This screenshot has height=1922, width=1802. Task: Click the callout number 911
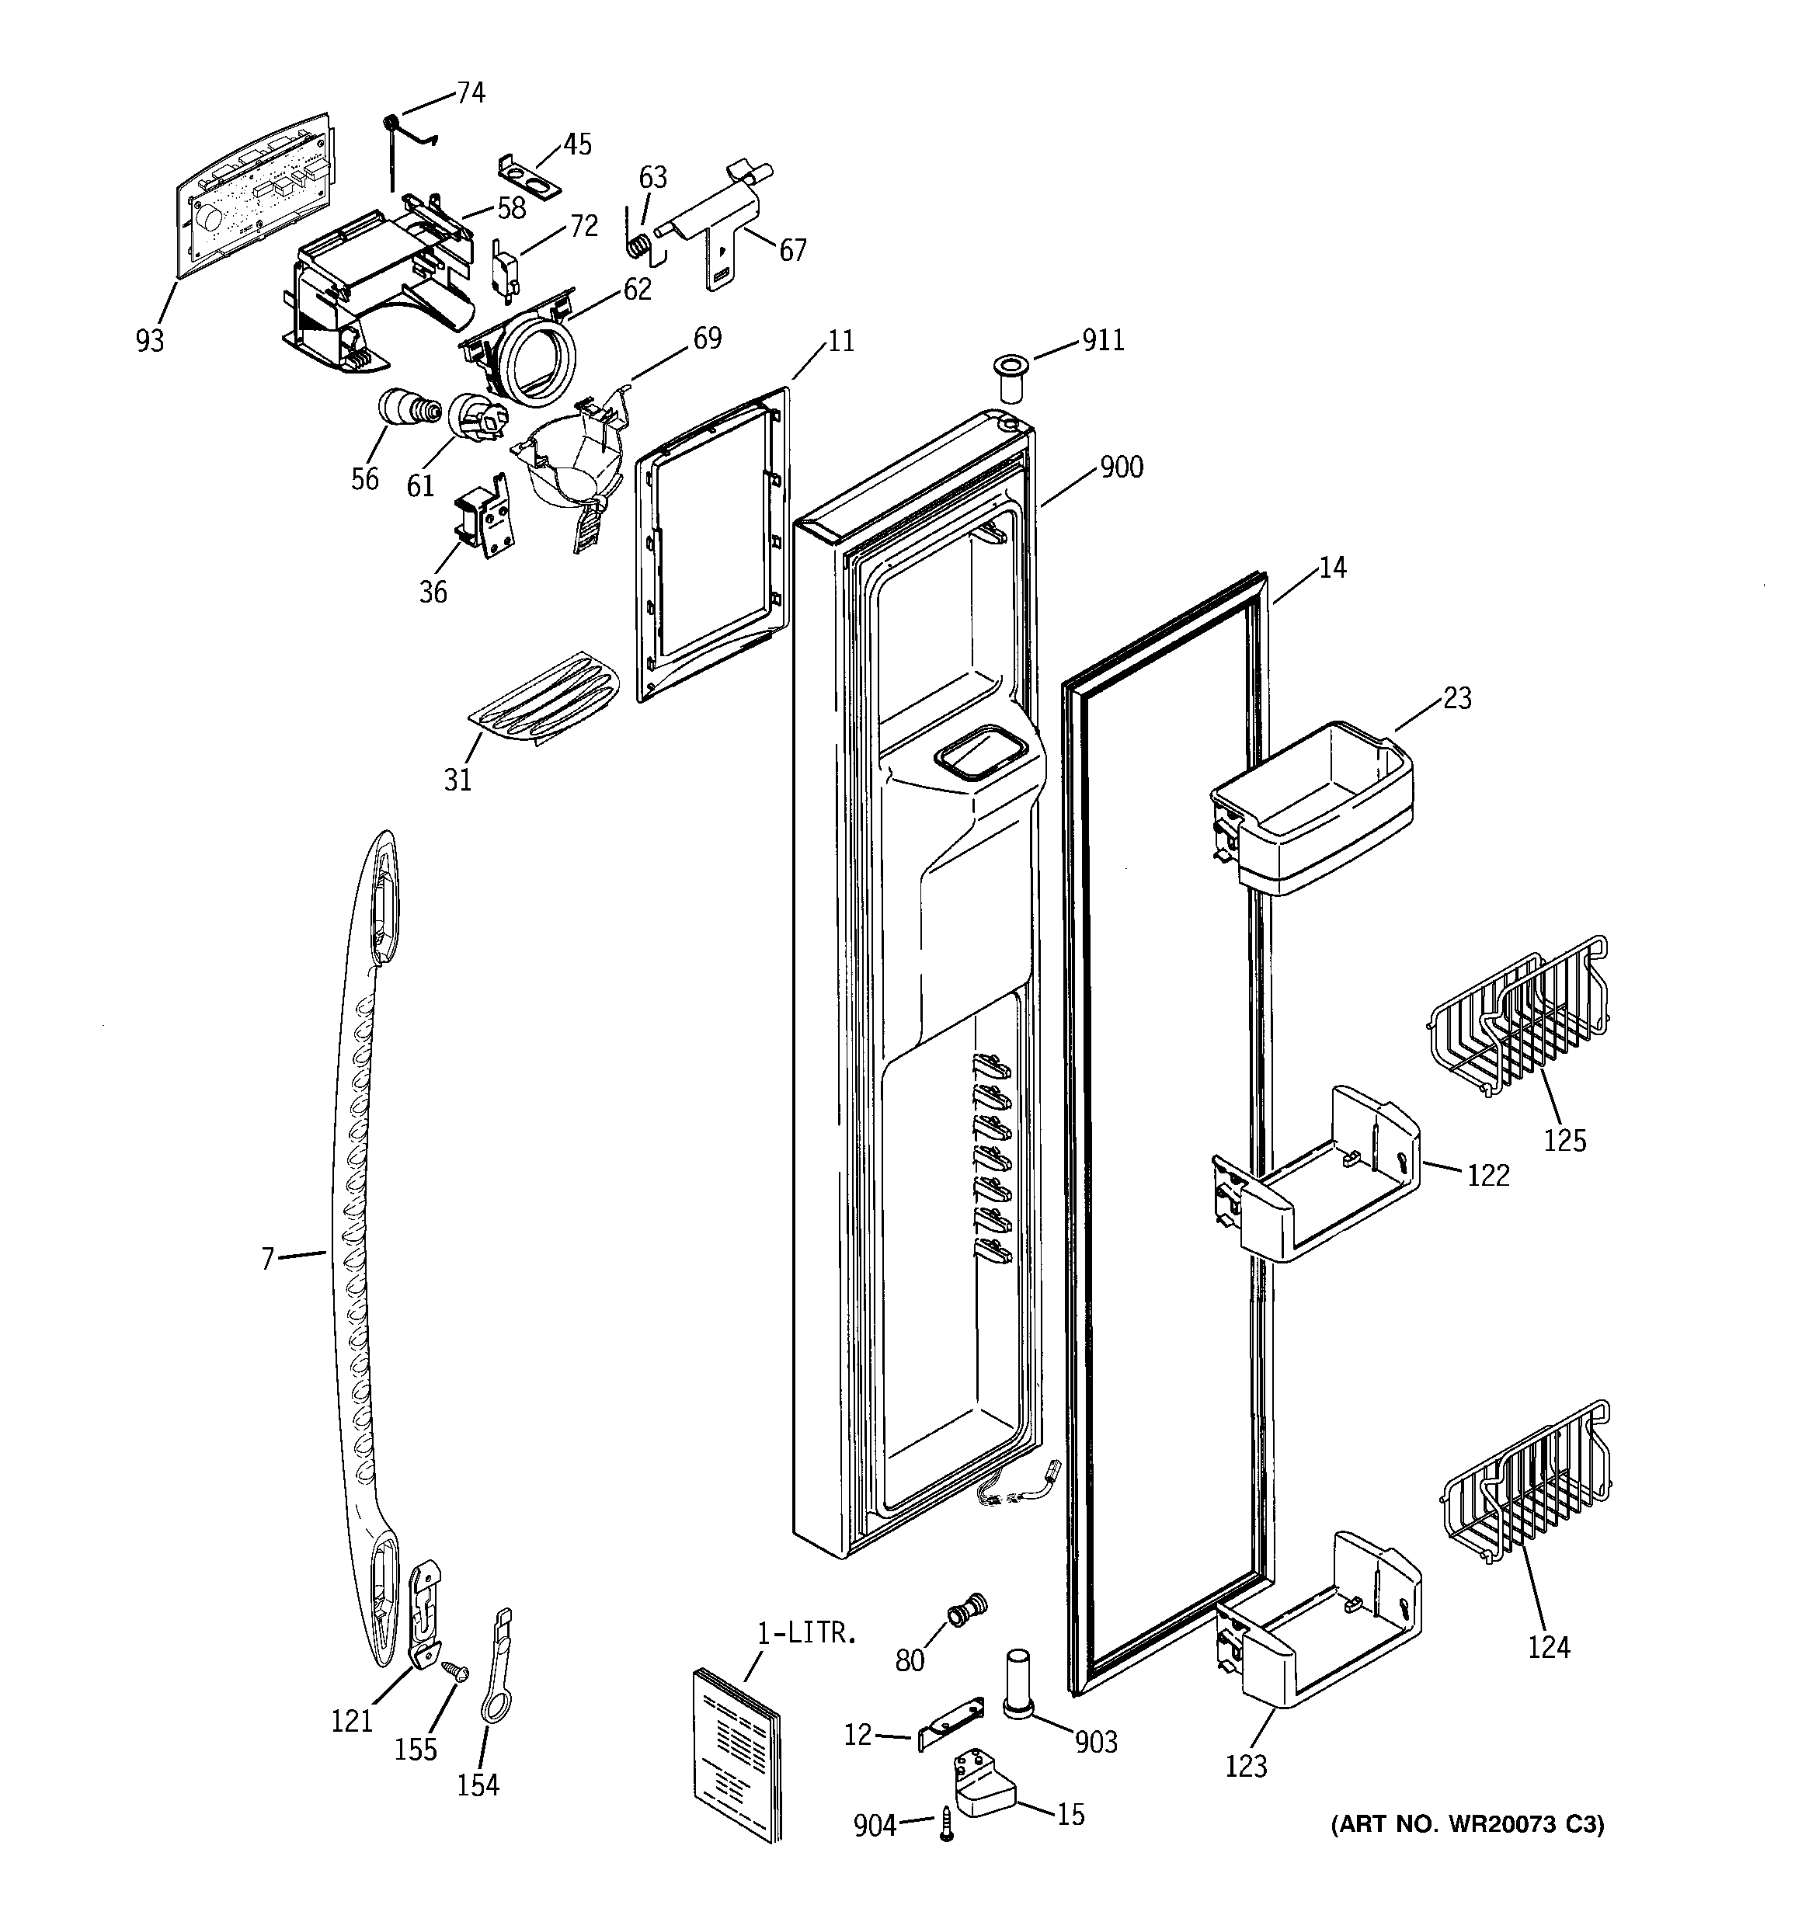[x=1103, y=340]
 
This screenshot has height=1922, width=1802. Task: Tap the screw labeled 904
[x=947, y=1824]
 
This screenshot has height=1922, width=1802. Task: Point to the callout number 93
[x=150, y=340]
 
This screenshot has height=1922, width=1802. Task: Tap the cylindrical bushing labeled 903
[x=1018, y=1683]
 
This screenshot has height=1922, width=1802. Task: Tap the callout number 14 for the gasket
[x=1332, y=568]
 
